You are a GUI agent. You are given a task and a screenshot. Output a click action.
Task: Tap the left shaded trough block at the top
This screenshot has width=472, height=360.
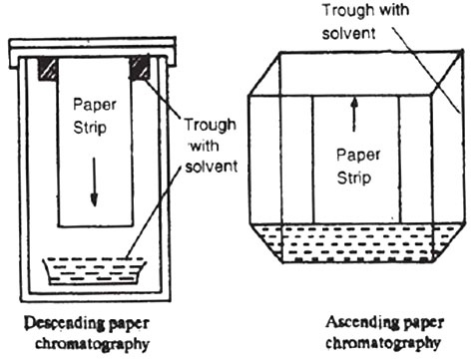pyautogui.click(x=47, y=70)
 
